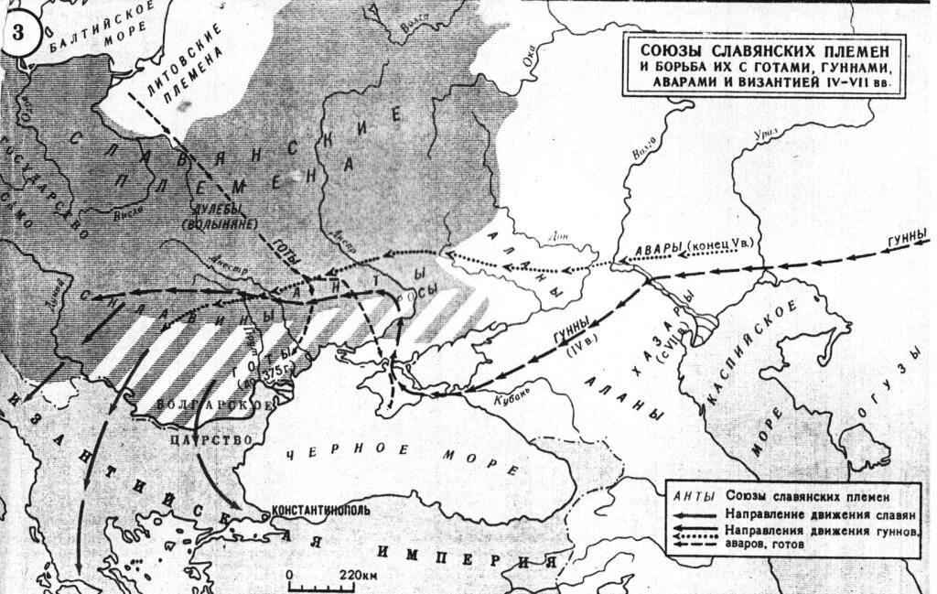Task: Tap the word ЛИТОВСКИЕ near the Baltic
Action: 187,51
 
